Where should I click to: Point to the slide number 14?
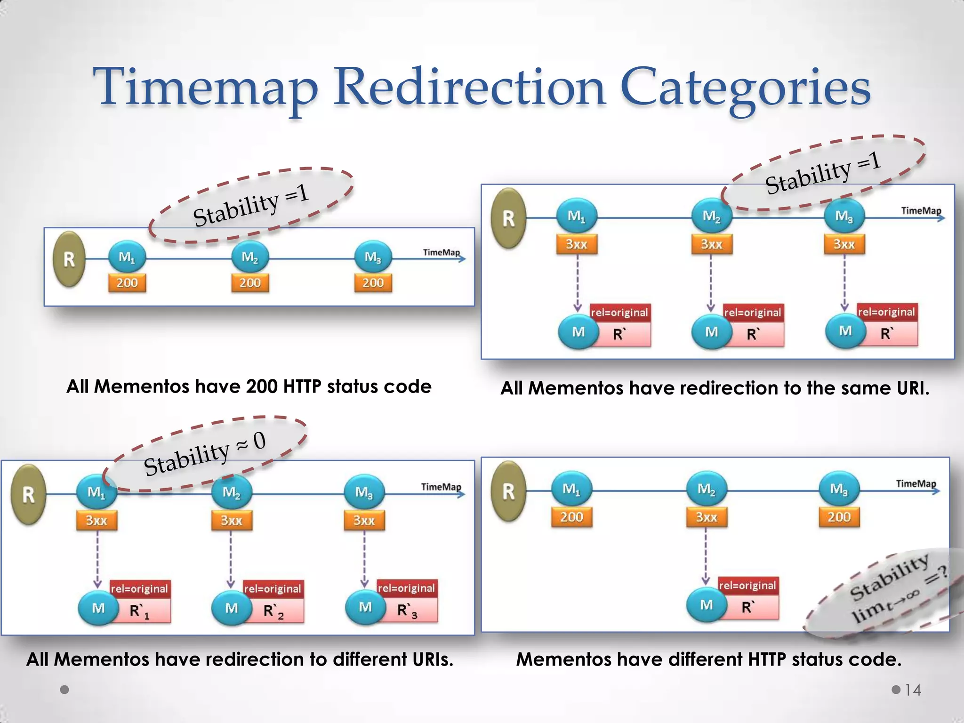913,690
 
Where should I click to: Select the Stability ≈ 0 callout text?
205,454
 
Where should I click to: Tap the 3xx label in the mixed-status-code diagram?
706,517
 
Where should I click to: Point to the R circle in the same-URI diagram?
508,218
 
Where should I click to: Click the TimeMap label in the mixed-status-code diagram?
916,483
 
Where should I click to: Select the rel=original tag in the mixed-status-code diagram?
747,586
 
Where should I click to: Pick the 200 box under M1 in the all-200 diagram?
127,283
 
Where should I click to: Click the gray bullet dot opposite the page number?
65,690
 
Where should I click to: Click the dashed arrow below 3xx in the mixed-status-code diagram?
706,555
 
